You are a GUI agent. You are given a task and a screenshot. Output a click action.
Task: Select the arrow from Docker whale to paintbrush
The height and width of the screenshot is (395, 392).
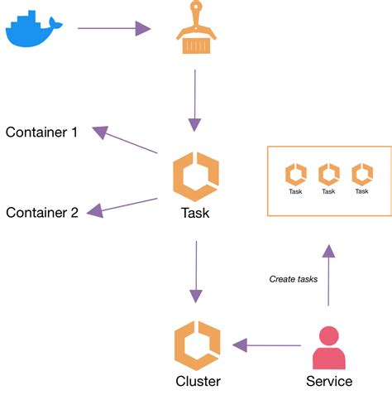point(114,29)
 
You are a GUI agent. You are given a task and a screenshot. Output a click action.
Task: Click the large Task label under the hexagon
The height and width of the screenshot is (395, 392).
point(195,213)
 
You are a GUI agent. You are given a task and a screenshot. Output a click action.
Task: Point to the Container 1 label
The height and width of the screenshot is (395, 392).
point(41,132)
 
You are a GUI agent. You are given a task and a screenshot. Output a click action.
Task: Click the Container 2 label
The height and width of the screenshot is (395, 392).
point(42,213)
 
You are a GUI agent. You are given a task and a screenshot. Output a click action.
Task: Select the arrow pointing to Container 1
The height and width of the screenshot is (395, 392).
point(125,140)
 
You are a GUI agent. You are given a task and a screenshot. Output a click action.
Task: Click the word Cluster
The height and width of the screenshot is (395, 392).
point(198,382)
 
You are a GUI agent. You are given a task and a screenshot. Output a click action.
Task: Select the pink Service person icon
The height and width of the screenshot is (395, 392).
point(328,348)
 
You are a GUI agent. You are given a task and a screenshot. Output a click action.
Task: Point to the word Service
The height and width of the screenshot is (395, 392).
point(328,382)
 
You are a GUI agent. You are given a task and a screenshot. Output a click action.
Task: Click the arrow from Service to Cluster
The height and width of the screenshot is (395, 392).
point(266,344)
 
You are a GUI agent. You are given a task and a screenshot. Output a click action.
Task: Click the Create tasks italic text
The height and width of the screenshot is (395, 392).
point(294,279)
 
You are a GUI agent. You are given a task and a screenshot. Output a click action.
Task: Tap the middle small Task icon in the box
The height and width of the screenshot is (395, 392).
point(328,175)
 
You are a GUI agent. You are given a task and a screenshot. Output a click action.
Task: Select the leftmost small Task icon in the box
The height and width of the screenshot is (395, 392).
point(295,175)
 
